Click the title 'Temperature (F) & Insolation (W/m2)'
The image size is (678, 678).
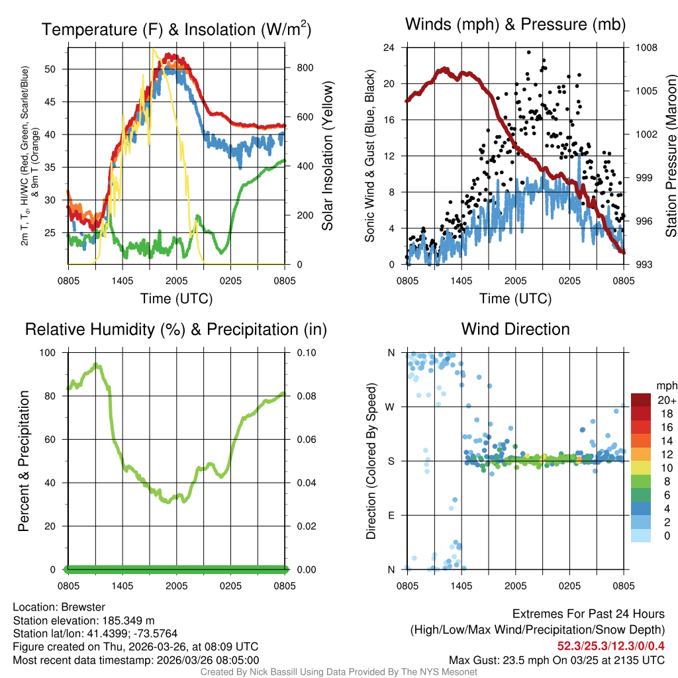point(176,29)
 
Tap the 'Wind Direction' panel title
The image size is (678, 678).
point(515,329)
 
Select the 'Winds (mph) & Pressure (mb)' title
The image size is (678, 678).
point(515,25)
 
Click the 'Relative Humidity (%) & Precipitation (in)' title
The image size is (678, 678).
point(176,329)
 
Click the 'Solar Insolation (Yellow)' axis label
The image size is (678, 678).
point(327,156)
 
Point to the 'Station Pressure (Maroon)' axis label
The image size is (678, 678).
point(670,156)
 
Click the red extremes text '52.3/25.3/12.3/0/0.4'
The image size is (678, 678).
point(611,646)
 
